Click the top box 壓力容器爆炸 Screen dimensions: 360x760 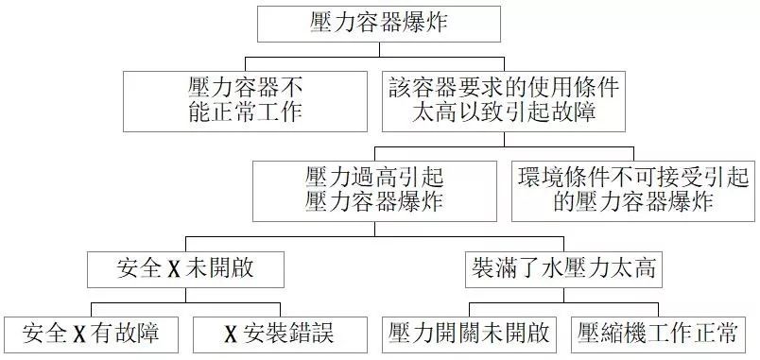pyautogui.click(x=379, y=23)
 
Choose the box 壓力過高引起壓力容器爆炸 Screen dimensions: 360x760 pyautogui.click(x=374, y=188)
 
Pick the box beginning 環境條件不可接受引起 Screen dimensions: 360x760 pyautogui.click(x=631, y=188)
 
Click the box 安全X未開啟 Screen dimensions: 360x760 pyautogui.click(x=185, y=270)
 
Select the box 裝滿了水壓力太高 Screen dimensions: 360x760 pyautogui.click(x=564, y=270)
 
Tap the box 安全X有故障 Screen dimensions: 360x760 pyautogui.click(x=93, y=334)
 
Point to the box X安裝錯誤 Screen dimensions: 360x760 pyautogui.click(x=279, y=334)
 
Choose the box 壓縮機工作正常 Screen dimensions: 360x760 pyautogui.click(x=659, y=334)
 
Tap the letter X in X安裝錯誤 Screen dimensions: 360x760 pyautogui.click(x=230, y=334)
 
